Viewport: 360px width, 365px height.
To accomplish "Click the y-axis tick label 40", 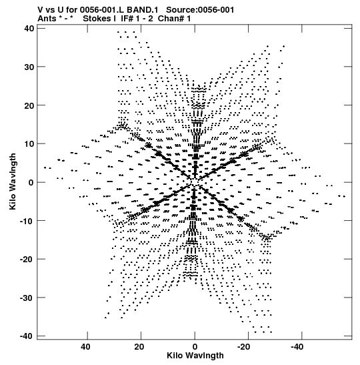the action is (x=29, y=29).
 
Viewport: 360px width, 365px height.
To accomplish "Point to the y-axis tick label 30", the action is (x=29, y=67).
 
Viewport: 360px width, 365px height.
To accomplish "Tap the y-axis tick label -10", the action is (x=27, y=221).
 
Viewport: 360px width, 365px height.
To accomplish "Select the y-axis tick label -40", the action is (x=27, y=336).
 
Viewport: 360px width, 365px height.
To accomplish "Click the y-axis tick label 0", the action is (x=31, y=183).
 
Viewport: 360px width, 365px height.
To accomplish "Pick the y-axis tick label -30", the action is (x=27, y=298).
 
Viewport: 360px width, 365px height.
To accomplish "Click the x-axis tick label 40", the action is (x=85, y=347).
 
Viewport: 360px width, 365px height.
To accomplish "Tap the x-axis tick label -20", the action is (x=244, y=347).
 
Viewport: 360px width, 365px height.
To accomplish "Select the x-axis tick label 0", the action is (x=195, y=347).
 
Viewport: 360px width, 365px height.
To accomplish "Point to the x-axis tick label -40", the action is (x=297, y=347).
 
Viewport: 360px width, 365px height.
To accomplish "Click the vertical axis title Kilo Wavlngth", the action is (x=13, y=181).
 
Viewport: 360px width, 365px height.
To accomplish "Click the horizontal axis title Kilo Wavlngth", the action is (x=195, y=356).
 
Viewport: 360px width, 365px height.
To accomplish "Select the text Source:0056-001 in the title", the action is (x=200, y=10).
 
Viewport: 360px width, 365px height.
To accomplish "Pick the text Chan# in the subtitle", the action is (x=171, y=19).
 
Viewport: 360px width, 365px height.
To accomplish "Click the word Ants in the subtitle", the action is (x=47, y=19).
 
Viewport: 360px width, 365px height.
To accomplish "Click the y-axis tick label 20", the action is (x=29, y=105).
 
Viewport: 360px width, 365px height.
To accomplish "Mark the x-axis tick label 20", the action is (x=139, y=347).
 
